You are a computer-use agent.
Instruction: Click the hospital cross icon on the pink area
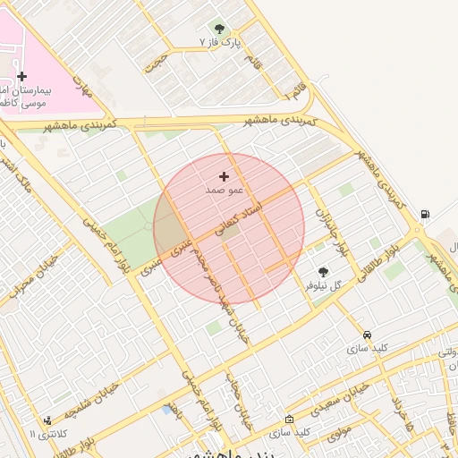tap(22, 77)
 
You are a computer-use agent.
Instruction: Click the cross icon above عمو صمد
tap(224, 176)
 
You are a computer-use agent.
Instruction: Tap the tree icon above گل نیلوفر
tap(323, 271)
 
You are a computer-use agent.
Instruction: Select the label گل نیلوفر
tap(324, 285)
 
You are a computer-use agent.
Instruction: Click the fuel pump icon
tap(424, 214)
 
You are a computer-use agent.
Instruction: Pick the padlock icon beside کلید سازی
tap(289, 419)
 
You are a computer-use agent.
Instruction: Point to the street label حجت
tap(157, 61)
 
